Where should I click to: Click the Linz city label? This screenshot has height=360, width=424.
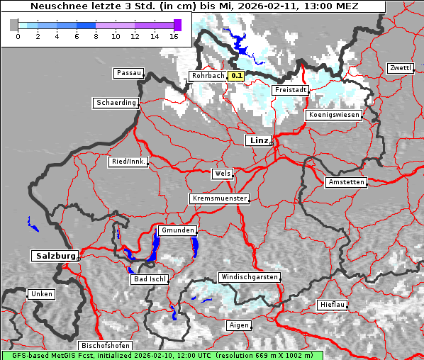[258, 140]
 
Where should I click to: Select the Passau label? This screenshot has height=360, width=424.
[128, 73]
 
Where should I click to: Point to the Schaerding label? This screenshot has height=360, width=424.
[116, 103]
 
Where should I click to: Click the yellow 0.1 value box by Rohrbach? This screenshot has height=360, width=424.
[237, 76]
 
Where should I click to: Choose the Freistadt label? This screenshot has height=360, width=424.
[291, 90]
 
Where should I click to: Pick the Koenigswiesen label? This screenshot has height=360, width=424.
[333, 115]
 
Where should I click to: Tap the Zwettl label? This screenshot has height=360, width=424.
[400, 68]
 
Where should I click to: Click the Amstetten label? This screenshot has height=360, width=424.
[345, 182]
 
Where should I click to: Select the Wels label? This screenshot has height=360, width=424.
[222, 174]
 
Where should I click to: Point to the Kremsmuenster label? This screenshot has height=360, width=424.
[220, 198]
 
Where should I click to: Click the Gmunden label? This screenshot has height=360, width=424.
[177, 230]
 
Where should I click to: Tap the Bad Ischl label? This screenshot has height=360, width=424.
[149, 279]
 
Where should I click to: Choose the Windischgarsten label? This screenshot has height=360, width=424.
[248, 277]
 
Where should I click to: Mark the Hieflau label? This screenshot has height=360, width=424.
[333, 304]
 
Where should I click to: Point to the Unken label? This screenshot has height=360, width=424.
[40, 294]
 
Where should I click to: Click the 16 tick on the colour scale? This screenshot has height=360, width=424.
[174, 36]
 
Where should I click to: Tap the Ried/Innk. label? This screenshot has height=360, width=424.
[128, 162]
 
